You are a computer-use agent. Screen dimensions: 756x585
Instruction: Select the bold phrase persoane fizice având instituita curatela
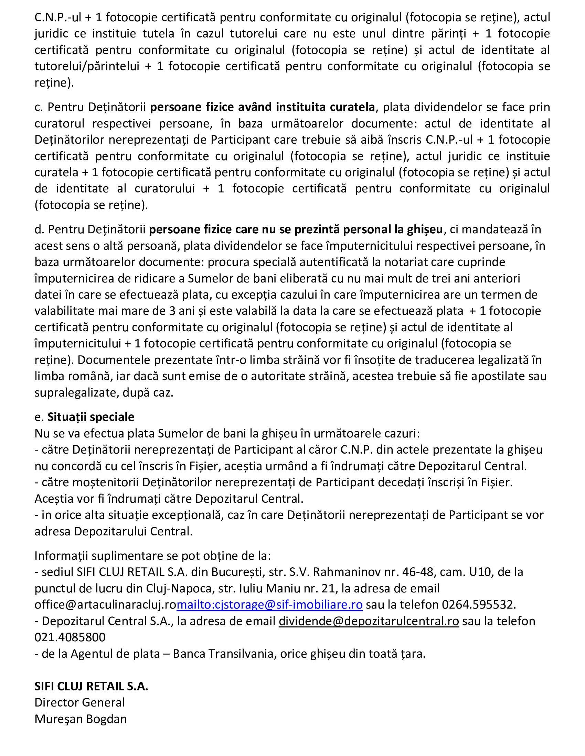click(262, 107)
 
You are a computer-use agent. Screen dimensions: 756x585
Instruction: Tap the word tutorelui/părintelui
click(87, 66)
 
